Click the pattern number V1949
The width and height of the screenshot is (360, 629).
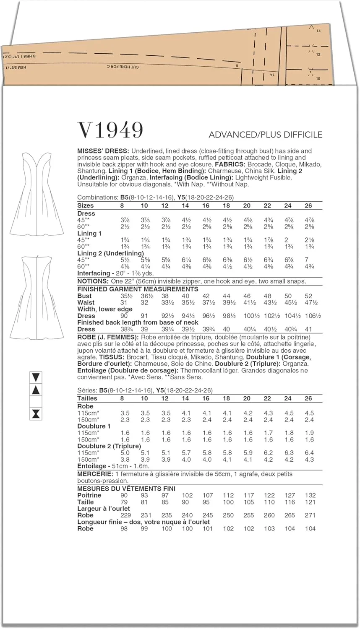[x=110, y=130]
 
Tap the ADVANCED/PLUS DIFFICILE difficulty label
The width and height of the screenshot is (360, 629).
[x=266, y=135]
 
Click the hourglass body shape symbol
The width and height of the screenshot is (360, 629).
[x=36, y=414]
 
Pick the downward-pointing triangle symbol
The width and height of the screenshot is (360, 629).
[x=36, y=377]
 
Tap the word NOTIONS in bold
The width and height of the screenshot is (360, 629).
[x=93, y=281]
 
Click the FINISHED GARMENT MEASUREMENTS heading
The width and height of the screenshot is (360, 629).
[x=138, y=289]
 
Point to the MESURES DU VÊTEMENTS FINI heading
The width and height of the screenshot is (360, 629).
[x=126, y=489]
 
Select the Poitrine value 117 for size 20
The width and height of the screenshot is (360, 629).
[x=249, y=495]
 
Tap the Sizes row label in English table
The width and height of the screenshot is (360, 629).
[x=86, y=205]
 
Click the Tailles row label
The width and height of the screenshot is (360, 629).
[x=87, y=398]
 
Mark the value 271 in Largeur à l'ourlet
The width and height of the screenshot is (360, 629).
[x=310, y=515]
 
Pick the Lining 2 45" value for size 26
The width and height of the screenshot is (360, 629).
[x=309, y=260]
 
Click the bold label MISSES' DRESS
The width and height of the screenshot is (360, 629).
[x=103, y=151]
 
